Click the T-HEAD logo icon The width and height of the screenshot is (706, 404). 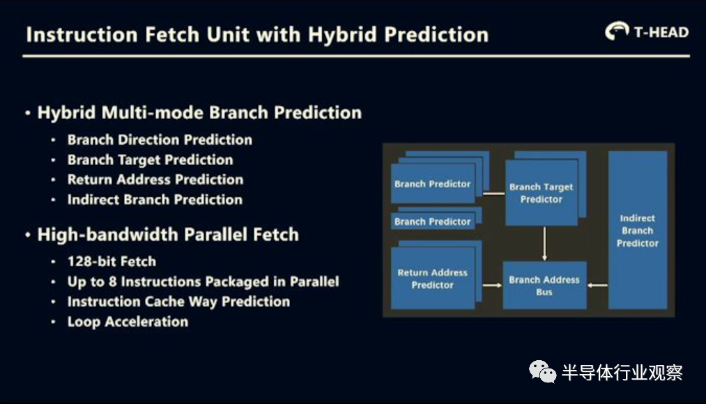pos(617,31)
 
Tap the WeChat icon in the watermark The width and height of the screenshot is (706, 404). pos(542,371)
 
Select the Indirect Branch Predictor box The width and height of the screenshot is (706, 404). pos(638,230)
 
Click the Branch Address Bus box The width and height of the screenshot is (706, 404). pos(544,285)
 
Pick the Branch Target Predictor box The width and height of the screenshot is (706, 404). pos(542,192)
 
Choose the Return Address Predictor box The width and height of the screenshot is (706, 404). pos(433,278)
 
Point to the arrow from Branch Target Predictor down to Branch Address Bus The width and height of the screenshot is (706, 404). pos(544,243)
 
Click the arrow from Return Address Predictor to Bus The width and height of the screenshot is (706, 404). pos(492,285)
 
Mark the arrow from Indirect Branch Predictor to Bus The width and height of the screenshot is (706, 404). pos(597,285)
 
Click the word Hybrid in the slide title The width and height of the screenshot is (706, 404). pos(342,35)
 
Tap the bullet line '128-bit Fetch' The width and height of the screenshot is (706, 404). pos(112,261)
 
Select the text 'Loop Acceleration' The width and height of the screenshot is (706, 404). pos(128,322)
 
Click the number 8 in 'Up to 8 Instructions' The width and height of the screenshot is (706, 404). pos(113,281)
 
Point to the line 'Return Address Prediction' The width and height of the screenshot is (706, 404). pos(155,180)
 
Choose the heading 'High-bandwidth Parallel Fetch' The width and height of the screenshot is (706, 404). pos(168,235)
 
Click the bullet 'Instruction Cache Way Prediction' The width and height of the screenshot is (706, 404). pos(178,302)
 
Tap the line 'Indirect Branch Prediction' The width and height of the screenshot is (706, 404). pos(155,199)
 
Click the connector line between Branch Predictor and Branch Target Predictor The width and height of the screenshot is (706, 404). pos(494,194)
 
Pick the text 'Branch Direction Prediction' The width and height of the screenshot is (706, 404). pos(160,139)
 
